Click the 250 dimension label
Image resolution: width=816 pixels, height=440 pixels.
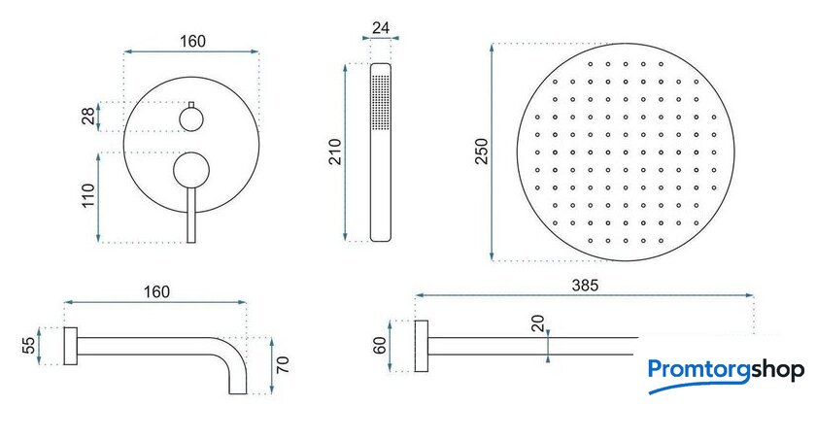click(x=482, y=152)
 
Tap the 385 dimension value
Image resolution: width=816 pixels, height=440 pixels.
click(x=585, y=285)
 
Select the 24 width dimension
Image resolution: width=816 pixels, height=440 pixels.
click(x=381, y=27)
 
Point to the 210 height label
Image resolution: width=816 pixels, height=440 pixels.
click(x=336, y=152)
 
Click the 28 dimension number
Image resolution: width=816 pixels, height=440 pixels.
click(x=88, y=116)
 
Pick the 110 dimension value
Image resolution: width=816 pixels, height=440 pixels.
click(x=88, y=195)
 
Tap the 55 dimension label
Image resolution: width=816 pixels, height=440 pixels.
click(x=29, y=346)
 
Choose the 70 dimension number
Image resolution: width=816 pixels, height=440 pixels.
click(x=283, y=364)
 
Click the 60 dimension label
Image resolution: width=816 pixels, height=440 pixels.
click(x=380, y=346)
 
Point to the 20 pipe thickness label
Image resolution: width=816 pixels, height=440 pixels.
click(x=537, y=323)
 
